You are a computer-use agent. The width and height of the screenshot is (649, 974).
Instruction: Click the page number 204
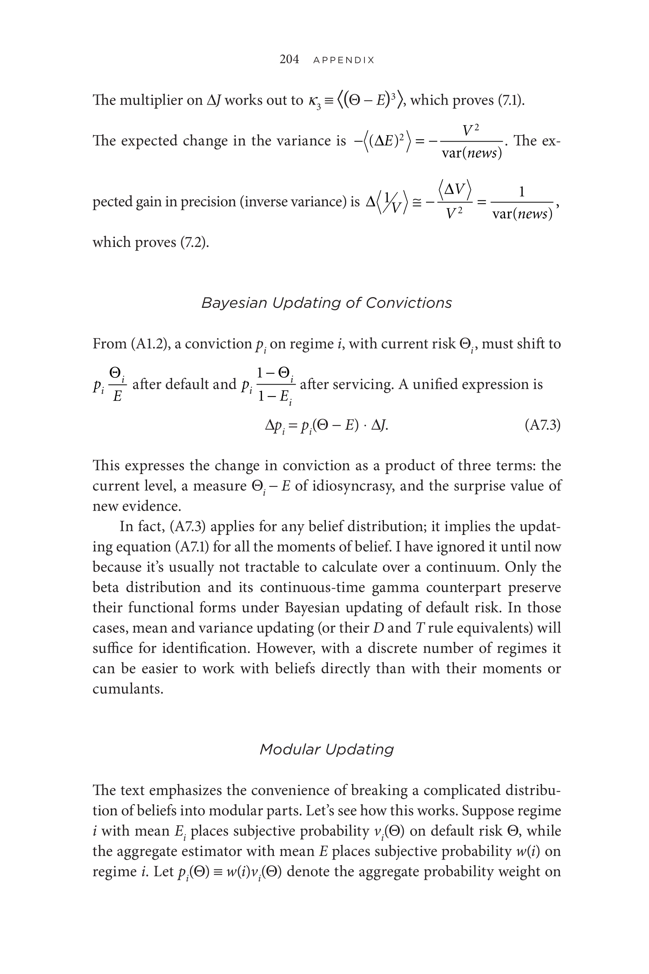pyautogui.click(x=289, y=59)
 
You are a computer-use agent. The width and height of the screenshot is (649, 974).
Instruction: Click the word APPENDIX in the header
pyautogui.click(x=343, y=60)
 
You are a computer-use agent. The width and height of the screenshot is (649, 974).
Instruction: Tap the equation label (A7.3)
pyautogui.click(x=542, y=425)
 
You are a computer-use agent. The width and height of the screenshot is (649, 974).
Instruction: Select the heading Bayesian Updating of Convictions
pyautogui.click(x=326, y=303)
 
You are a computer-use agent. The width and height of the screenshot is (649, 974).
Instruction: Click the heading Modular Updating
pyautogui.click(x=326, y=749)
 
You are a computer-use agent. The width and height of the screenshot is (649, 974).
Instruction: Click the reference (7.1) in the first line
pyautogui.click(x=510, y=100)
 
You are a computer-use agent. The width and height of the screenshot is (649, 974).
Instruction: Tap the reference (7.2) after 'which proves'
pyautogui.click(x=194, y=242)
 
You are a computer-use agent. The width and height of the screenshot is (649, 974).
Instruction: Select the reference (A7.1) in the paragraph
pyautogui.click(x=192, y=546)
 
